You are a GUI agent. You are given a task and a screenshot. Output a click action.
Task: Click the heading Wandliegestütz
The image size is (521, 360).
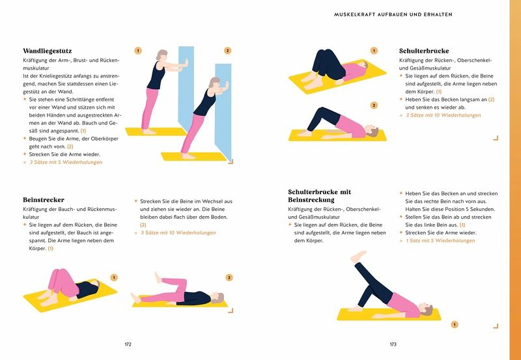(47, 51)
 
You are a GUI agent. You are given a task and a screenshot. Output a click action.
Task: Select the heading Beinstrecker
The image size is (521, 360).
(44, 200)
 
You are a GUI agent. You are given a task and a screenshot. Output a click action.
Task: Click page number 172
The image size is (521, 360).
(128, 344)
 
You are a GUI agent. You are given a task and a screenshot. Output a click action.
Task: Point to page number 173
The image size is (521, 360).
(393, 344)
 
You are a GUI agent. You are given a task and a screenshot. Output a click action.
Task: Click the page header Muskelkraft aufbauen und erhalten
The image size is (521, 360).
(393, 14)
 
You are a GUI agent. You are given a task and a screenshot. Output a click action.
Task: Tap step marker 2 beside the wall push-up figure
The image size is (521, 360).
(227, 51)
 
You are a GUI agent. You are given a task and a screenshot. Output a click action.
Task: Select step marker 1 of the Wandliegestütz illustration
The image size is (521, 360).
(138, 51)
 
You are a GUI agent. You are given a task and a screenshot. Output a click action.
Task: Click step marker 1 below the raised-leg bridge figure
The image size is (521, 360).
(454, 324)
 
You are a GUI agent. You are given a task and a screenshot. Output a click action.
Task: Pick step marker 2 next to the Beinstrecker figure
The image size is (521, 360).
(229, 277)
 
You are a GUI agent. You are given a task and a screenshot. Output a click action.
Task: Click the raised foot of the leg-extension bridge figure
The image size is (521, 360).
(358, 256)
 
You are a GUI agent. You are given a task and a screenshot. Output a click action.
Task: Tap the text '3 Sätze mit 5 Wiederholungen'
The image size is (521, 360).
(66, 162)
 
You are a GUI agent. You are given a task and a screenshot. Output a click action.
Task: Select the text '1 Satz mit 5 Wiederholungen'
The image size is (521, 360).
(441, 241)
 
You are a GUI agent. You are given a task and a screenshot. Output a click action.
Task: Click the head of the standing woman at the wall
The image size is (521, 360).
(162, 55)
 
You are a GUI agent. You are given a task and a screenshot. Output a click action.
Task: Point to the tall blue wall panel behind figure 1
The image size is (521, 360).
(186, 87)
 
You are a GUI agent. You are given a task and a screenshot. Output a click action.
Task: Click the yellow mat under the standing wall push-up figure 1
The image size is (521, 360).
(156, 132)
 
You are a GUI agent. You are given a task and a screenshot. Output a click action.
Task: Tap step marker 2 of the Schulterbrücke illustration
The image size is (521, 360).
(374, 105)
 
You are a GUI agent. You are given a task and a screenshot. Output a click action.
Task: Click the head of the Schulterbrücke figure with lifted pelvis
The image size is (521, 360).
(373, 130)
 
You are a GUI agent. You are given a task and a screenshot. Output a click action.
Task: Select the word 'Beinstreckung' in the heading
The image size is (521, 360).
(311, 200)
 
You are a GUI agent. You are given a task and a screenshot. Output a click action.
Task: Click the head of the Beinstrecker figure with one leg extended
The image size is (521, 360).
(218, 298)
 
